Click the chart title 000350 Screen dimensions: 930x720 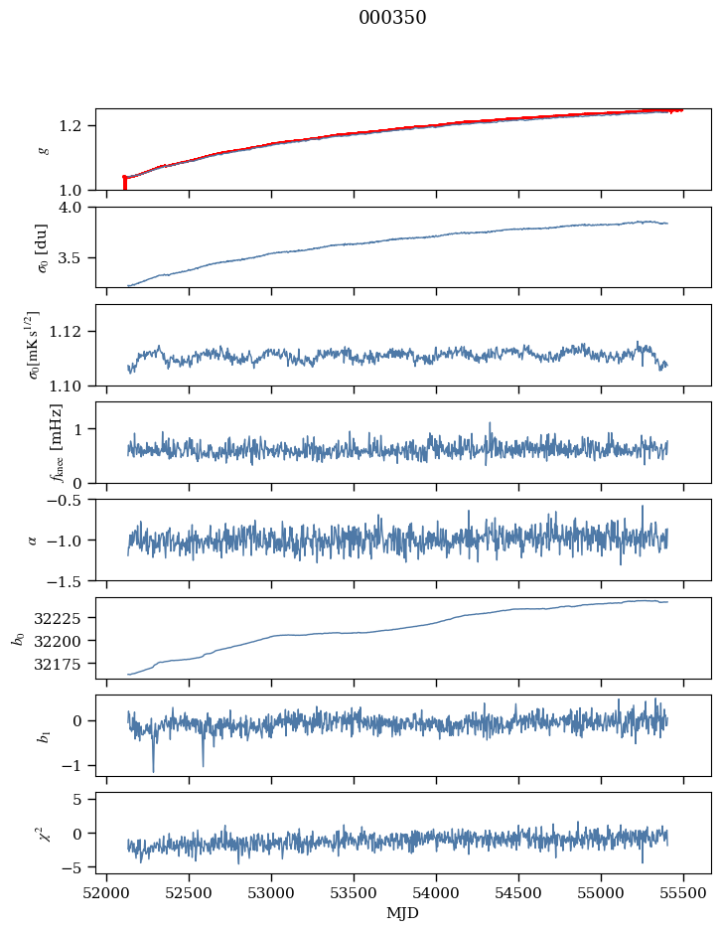392,18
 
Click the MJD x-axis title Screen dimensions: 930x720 403,913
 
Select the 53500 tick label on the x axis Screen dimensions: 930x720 354,893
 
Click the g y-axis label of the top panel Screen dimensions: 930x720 43,149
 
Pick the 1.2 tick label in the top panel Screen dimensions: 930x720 77,126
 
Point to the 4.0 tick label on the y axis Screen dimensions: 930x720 77,207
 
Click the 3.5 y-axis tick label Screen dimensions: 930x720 77,258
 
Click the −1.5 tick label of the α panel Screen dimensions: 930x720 70,580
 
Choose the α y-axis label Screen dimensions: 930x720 33,540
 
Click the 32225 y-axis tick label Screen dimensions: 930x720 66,618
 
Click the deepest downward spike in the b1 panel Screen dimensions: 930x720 153,771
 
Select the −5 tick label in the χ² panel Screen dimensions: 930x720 77,867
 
